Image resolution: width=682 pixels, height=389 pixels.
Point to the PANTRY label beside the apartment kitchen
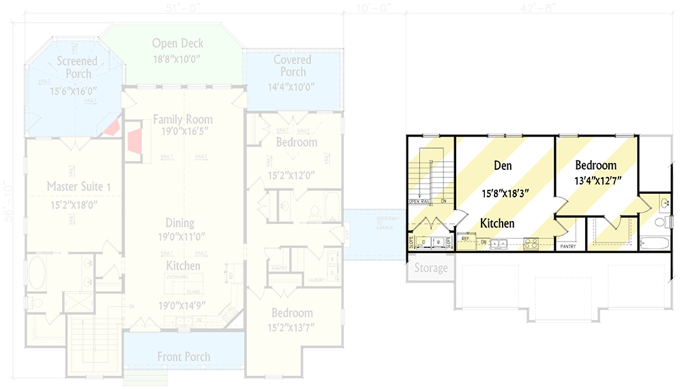568,247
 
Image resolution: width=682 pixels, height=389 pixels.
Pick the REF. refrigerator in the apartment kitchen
466,239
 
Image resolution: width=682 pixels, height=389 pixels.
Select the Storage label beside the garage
430,268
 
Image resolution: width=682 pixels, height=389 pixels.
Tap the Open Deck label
177,44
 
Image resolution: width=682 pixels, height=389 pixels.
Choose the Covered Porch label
293,66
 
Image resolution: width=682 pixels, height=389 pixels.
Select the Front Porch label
183,356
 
